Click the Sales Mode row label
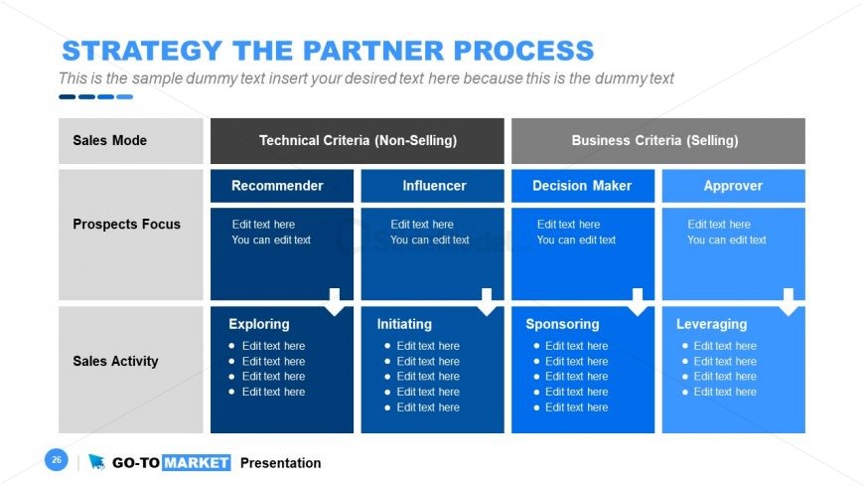tap(109, 141)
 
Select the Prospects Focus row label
tap(126, 225)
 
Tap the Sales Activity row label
tap(115, 362)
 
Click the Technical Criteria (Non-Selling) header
tap(358, 141)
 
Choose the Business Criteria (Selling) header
tap(654, 141)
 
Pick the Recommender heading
tap(277, 186)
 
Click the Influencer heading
tap(434, 186)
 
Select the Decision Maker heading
tap(582, 186)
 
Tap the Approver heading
tap(733, 186)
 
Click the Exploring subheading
tap(259, 324)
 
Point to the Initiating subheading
tap(404, 324)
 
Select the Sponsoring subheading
tap(562, 324)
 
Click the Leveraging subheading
tap(711, 324)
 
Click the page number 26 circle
tap(57, 460)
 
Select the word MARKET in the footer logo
tap(196, 463)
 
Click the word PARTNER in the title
tap(384, 51)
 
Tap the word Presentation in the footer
tap(280, 463)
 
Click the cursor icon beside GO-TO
tap(96, 462)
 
